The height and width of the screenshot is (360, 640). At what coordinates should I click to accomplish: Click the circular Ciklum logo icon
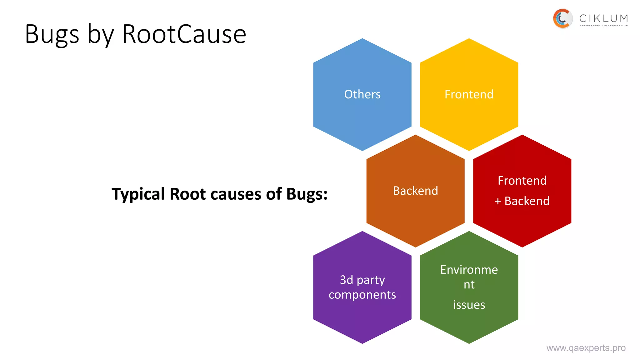coord(562,18)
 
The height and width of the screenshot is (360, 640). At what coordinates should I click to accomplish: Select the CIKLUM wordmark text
coord(603,18)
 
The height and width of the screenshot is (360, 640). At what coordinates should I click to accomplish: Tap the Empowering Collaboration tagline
coord(603,26)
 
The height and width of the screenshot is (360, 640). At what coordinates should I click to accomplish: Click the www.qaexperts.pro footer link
coord(586,348)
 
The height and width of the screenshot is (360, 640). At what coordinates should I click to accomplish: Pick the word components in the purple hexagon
coord(362,295)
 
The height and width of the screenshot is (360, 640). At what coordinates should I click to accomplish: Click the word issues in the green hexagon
coord(469,305)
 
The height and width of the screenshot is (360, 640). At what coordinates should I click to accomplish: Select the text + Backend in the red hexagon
coord(522,201)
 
